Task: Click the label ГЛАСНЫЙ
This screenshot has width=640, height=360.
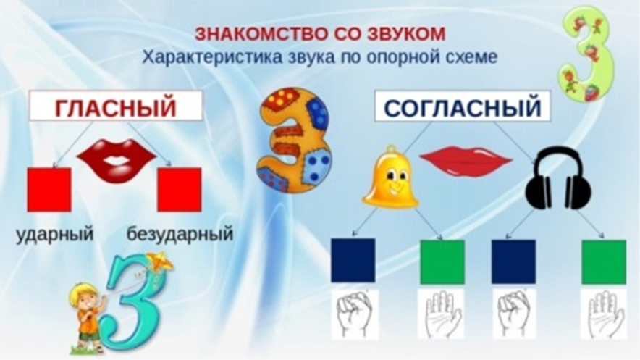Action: coord(117,109)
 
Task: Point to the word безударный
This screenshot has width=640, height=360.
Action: coord(180,235)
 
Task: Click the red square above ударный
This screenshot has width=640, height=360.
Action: coord(49,190)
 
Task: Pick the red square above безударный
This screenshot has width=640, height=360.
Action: coord(179,190)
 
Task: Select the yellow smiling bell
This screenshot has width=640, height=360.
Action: coord(391,177)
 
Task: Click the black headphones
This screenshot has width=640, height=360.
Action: coord(557,178)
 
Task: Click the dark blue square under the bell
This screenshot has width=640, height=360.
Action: coord(353,260)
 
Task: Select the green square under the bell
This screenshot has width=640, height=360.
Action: coord(442,260)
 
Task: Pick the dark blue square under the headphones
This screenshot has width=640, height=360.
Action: coord(513,260)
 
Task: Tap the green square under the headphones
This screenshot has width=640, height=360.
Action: coord(603,260)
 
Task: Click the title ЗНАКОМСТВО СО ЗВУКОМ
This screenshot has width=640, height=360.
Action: coord(318,34)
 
